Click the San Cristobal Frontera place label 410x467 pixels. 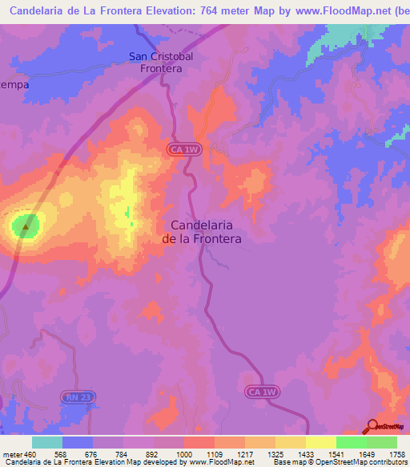click(x=157, y=63)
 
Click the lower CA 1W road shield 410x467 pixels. click(x=262, y=392)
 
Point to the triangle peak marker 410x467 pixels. click(x=26, y=226)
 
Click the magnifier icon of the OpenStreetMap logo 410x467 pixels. click(x=372, y=425)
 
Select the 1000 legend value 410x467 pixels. click(x=183, y=453)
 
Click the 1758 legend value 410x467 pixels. click(x=395, y=453)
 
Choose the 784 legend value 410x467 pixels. click(x=122, y=453)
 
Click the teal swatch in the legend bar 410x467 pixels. click(x=47, y=442)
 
